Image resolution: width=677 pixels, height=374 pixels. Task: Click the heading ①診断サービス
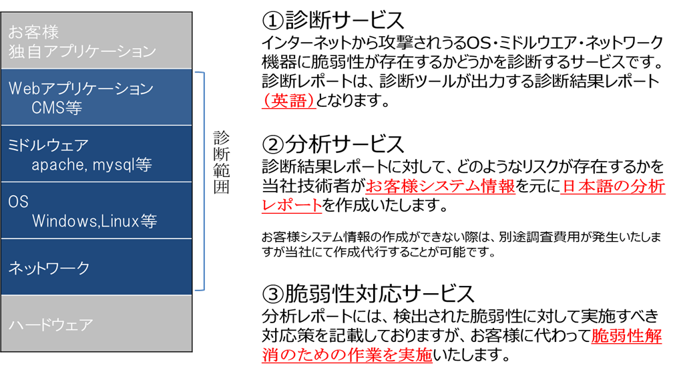(x=333, y=20)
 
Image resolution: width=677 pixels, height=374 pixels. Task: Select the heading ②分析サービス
(x=333, y=144)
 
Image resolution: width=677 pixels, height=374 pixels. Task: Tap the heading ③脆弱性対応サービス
(x=369, y=294)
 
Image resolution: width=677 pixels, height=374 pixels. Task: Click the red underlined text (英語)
(x=289, y=101)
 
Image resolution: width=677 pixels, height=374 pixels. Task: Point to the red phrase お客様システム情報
(x=441, y=186)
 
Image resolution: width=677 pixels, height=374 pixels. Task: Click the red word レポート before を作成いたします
(x=292, y=205)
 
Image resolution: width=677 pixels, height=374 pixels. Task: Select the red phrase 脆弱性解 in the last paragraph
(x=626, y=335)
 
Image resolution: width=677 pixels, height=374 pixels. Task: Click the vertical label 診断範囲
(x=221, y=162)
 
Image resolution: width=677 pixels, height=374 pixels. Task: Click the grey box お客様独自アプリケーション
(x=97, y=41)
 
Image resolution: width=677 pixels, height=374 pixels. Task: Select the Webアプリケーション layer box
(x=97, y=98)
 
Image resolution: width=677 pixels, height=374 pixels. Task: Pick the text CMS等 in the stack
(x=57, y=108)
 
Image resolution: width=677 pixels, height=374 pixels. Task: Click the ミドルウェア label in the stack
(x=48, y=145)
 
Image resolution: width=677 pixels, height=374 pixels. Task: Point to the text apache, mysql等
(x=91, y=164)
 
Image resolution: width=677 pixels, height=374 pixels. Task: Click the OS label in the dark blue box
(x=18, y=202)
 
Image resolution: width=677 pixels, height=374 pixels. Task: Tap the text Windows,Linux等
(x=95, y=221)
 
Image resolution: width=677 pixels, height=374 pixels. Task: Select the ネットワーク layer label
(x=49, y=268)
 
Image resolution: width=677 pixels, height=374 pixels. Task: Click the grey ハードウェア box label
(x=51, y=325)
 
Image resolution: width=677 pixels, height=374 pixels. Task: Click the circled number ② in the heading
(x=273, y=144)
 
